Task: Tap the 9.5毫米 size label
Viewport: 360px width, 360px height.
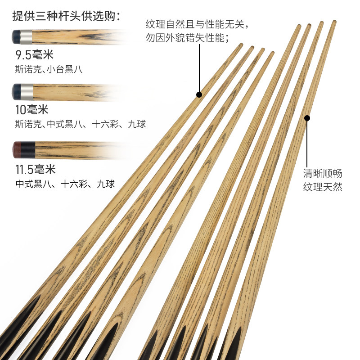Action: pyautogui.click(x=35, y=55)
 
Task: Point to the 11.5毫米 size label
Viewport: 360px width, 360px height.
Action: pyautogui.click(x=35, y=169)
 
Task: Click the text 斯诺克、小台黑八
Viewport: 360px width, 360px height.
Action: pyautogui.click(x=49, y=70)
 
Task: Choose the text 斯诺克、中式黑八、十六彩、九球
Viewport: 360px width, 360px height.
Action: pyautogui.click(x=81, y=124)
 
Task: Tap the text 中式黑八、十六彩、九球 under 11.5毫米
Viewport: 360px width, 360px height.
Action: pyautogui.click(x=65, y=184)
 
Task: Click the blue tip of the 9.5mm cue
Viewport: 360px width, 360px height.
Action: pyautogui.click(x=16, y=36)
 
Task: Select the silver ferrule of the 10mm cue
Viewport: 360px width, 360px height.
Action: pyautogui.click(x=27, y=91)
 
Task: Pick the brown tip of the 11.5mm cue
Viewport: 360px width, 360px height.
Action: pyautogui.click(x=16, y=148)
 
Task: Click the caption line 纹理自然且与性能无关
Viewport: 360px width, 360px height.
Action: pyautogui.click(x=197, y=23)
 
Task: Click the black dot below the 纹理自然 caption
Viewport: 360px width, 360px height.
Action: pyautogui.click(x=199, y=94)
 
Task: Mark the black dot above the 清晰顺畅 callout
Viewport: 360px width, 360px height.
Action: pyautogui.click(x=307, y=118)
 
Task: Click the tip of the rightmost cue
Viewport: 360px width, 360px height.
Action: pyautogui.click(x=334, y=22)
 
